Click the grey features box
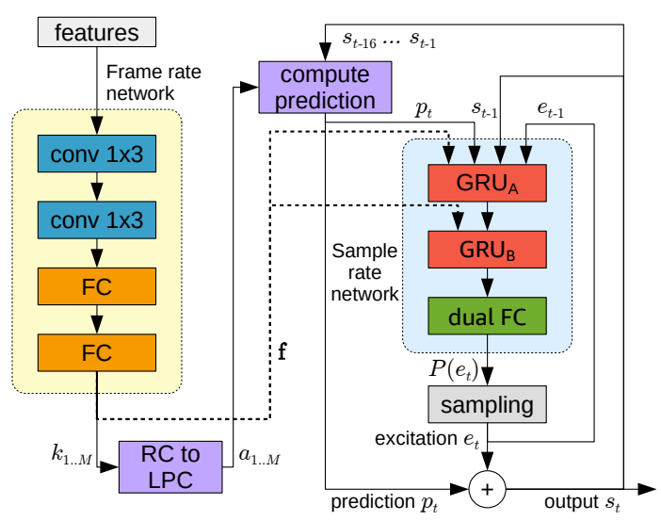(97, 33)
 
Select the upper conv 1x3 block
(97, 155)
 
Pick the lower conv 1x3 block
(97, 221)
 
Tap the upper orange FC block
(97, 287)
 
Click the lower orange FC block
(97, 353)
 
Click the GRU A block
(485, 181)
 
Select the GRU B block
(485, 249)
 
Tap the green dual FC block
(485, 317)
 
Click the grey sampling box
(487, 405)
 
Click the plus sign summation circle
(487, 490)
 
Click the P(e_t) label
(447, 367)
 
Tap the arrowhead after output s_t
(648, 490)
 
